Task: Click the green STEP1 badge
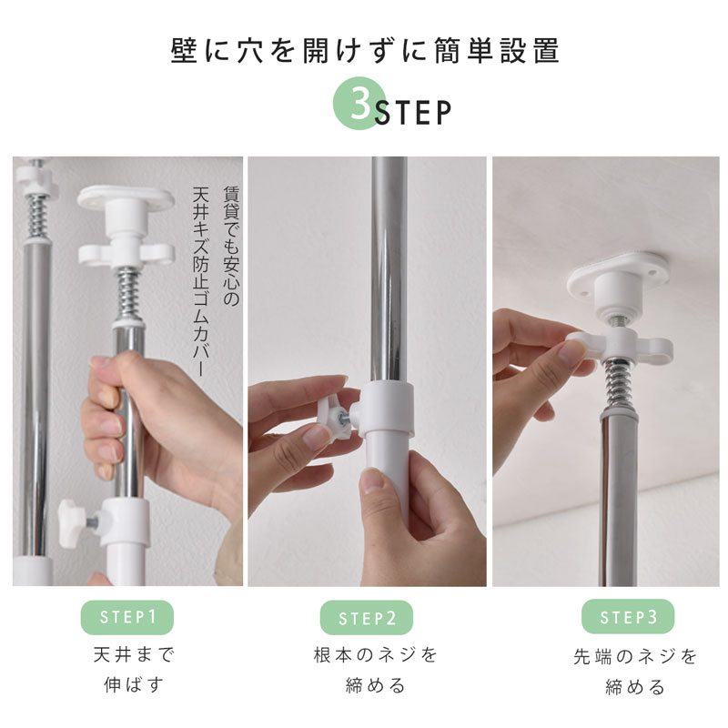tap(127, 617)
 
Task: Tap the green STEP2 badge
tap(367, 618)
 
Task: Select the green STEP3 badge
tap(628, 617)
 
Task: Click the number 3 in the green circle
tap(360, 104)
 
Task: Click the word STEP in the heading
tap(413, 112)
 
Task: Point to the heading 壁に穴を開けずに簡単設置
tap(365, 51)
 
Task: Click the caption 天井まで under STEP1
tap(134, 654)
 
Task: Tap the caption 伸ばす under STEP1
tap(134, 684)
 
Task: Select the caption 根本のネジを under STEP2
tap(375, 654)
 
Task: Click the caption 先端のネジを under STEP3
tap(635, 656)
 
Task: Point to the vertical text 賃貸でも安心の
tap(231, 246)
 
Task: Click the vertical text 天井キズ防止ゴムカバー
tap(201, 281)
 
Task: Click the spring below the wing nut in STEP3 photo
tap(616, 384)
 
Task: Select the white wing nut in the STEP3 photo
tap(619, 346)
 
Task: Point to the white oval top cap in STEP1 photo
tap(126, 197)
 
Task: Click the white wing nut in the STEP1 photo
tap(126, 253)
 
